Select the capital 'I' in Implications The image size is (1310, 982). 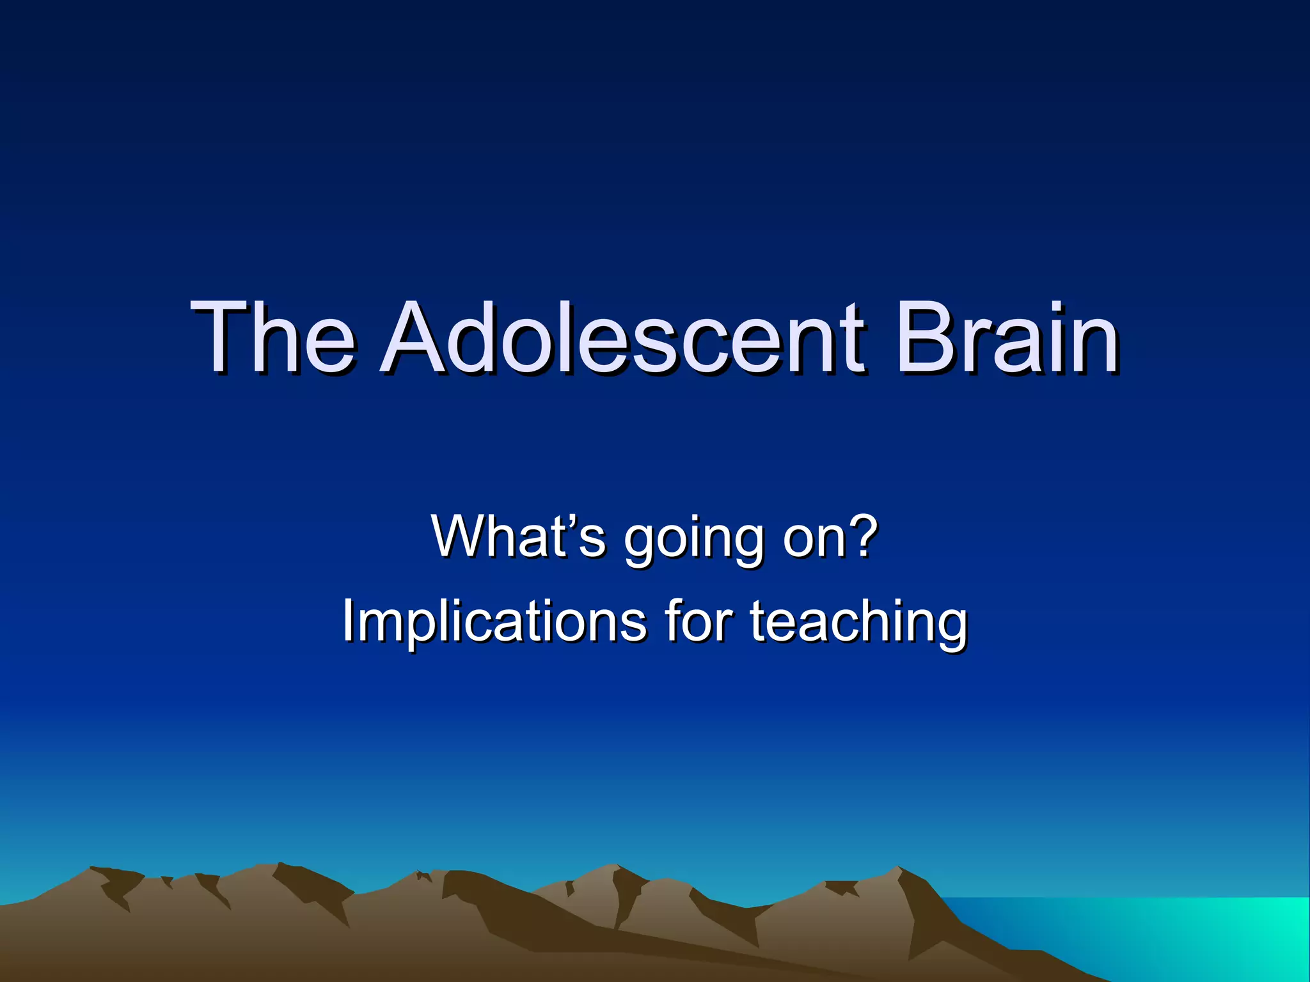point(349,620)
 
